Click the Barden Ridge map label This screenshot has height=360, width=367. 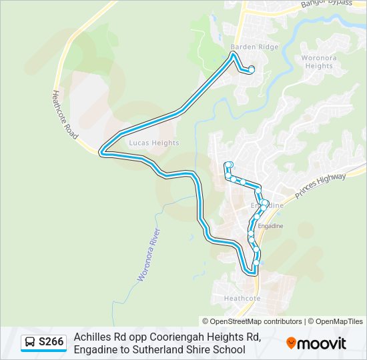(x=245, y=47)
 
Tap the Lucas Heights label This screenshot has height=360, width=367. (x=154, y=143)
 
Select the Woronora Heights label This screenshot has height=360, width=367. (x=317, y=62)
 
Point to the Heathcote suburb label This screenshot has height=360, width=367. (x=242, y=298)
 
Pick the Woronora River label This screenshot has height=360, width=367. (x=149, y=254)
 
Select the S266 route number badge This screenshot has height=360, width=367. (x=51, y=342)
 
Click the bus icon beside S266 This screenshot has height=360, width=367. (x=30, y=343)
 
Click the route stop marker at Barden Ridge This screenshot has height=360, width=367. (x=252, y=70)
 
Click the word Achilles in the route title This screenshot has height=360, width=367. (x=91, y=337)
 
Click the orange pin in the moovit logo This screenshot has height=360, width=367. (x=291, y=343)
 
